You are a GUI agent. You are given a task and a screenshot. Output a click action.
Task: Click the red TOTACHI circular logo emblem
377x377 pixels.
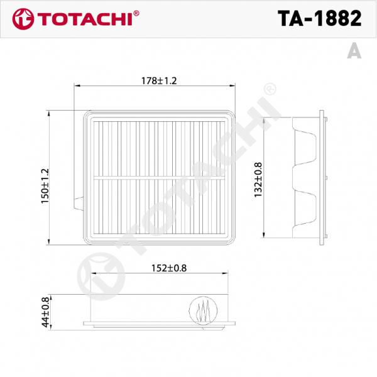tap(23, 19)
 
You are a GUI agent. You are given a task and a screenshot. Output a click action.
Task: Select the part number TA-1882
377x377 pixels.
tap(320, 18)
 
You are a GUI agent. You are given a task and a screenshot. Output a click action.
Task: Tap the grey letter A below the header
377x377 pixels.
tap(354, 51)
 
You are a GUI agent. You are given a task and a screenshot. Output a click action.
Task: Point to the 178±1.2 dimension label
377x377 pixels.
tap(159, 81)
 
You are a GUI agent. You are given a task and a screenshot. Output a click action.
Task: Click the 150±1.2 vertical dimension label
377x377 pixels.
tap(45, 186)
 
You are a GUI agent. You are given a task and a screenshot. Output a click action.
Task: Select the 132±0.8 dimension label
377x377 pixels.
tap(258, 180)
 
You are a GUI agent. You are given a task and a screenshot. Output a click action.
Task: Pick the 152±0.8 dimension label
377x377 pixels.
tap(169, 268)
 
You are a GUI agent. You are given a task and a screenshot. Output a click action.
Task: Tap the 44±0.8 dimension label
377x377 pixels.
tap(45, 312)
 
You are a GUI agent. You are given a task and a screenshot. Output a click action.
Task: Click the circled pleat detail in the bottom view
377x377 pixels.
tap(203, 310)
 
